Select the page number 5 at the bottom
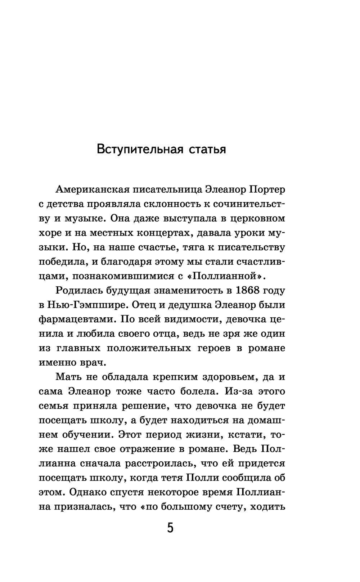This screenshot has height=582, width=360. click(170, 528)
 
